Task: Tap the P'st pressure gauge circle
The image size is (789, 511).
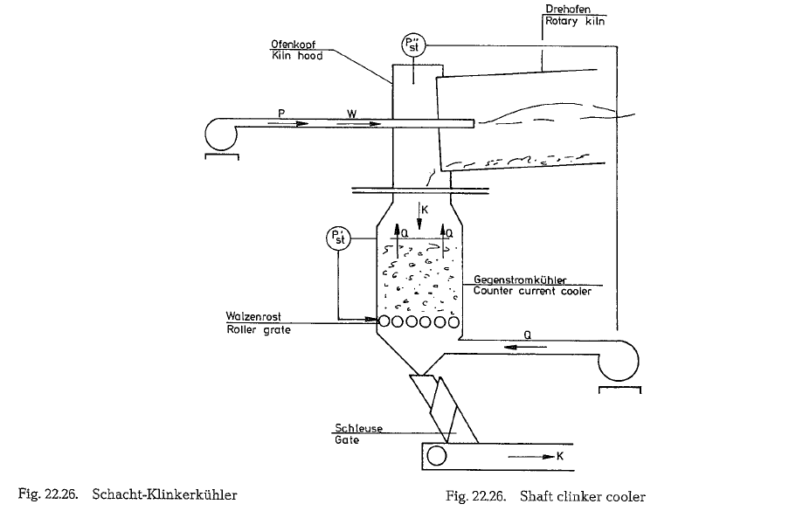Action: click(x=336, y=238)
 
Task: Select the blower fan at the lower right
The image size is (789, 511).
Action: click(x=619, y=358)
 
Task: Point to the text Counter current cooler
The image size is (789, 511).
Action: click(x=532, y=292)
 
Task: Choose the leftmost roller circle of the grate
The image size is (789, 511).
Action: click(x=385, y=321)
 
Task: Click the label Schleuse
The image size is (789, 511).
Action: click(x=357, y=428)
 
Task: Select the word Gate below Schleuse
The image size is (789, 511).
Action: click(x=346, y=440)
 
